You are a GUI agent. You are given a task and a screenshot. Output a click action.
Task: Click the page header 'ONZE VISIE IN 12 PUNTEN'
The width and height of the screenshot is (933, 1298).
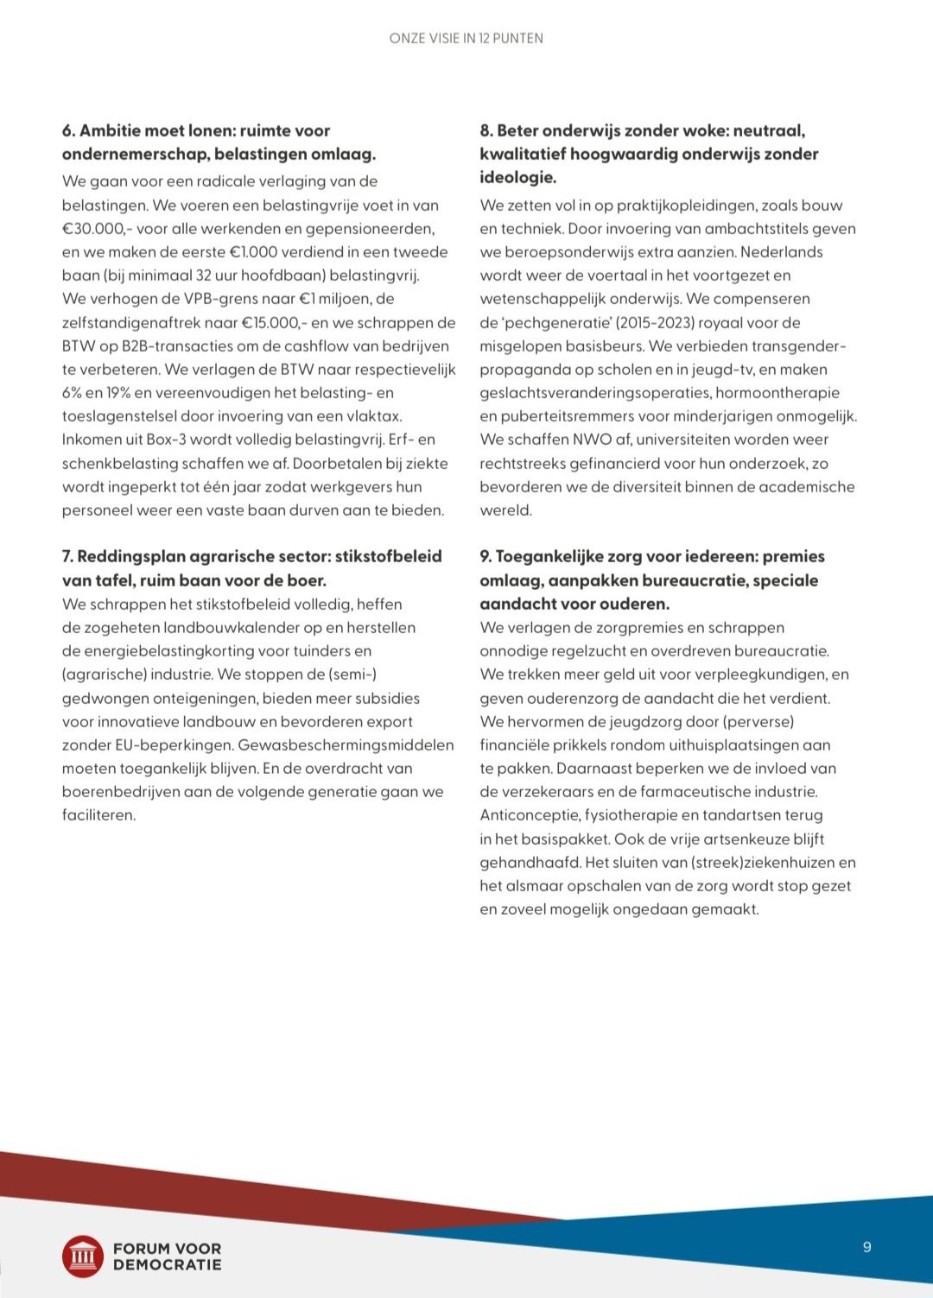(466, 38)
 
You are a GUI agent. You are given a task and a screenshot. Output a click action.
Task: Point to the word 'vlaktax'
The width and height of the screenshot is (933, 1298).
(371, 416)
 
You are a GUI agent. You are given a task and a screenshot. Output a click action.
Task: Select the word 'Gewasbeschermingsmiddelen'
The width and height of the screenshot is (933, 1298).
(346, 744)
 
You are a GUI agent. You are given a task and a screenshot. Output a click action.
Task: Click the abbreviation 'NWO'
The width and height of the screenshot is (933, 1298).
(592, 440)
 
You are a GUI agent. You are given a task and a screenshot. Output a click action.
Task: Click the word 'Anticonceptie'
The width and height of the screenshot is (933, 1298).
(530, 814)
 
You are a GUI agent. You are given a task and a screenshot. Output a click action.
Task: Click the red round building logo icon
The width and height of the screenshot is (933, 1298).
(83, 1256)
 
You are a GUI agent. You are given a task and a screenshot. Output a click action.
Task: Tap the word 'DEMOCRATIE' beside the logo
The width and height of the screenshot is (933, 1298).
(167, 1264)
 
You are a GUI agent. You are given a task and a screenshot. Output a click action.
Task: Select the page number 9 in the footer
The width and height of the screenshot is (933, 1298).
(867, 1246)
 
